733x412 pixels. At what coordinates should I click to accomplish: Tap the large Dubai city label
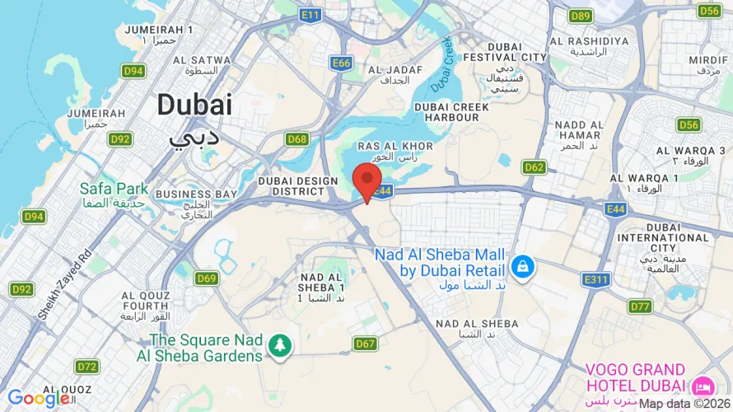pyautogui.click(x=194, y=105)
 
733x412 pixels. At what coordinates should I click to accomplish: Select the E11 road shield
pyautogui.click(x=310, y=15)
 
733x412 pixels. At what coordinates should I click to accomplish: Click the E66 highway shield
pyautogui.click(x=342, y=63)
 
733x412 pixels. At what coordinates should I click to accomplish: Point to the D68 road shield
pyautogui.click(x=297, y=139)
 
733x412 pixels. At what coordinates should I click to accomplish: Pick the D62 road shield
pyautogui.click(x=535, y=167)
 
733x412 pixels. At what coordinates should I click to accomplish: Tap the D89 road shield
pyautogui.click(x=581, y=16)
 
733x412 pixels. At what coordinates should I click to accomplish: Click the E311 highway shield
pyautogui.click(x=595, y=280)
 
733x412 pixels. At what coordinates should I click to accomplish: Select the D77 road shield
pyautogui.click(x=640, y=307)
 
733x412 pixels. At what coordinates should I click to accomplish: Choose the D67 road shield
pyautogui.click(x=365, y=344)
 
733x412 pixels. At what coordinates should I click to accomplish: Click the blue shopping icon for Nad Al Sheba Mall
pyautogui.click(x=521, y=266)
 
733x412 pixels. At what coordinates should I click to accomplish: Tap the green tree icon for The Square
pyautogui.click(x=281, y=346)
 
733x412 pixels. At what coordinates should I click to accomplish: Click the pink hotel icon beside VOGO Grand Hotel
pyautogui.click(x=703, y=385)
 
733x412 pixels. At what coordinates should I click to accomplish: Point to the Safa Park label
pyautogui.click(x=114, y=188)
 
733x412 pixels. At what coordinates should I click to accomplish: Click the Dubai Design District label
pyautogui.click(x=298, y=185)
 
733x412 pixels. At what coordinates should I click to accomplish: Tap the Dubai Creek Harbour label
pyautogui.click(x=451, y=112)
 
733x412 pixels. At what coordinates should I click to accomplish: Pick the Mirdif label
pyautogui.click(x=708, y=60)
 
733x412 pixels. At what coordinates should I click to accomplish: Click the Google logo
pyautogui.click(x=37, y=399)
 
